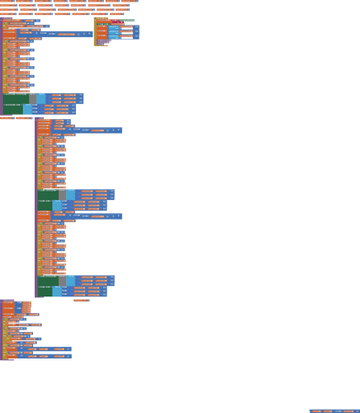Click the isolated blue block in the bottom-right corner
point(334,410)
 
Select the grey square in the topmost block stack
point(32,98)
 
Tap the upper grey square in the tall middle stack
point(62,195)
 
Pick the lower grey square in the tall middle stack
point(62,281)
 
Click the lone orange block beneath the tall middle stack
point(80,300)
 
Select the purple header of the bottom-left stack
point(7,301)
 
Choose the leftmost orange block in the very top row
point(7,2)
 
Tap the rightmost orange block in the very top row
point(129,2)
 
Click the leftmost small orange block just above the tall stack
point(7,118)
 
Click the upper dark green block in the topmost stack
point(16,98)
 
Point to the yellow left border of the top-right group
point(94,31)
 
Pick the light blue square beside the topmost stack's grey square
point(41,98)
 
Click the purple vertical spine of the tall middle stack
point(36,206)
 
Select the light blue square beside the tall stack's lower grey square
point(71,281)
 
